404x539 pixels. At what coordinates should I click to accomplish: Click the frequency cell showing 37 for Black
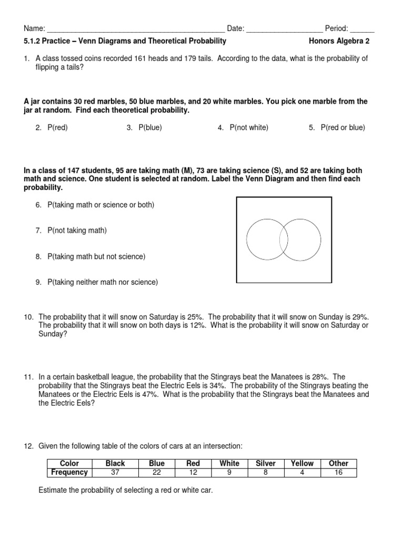pyautogui.click(x=115, y=472)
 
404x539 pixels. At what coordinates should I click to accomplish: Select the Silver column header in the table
pyautogui.click(x=266, y=463)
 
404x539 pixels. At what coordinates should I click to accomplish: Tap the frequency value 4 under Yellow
pyautogui.click(x=302, y=472)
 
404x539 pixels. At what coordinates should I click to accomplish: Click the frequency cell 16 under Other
pyautogui.click(x=338, y=472)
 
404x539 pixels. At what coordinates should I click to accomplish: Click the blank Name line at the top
pyautogui.click(x=136, y=29)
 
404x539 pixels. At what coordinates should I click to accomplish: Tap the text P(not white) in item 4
pyautogui.click(x=249, y=127)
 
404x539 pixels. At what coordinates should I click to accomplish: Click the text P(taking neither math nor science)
pyautogui.click(x=103, y=282)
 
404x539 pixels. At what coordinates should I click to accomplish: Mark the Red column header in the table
pyautogui.click(x=194, y=463)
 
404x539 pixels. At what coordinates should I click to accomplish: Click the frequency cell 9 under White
pyautogui.click(x=229, y=472)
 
